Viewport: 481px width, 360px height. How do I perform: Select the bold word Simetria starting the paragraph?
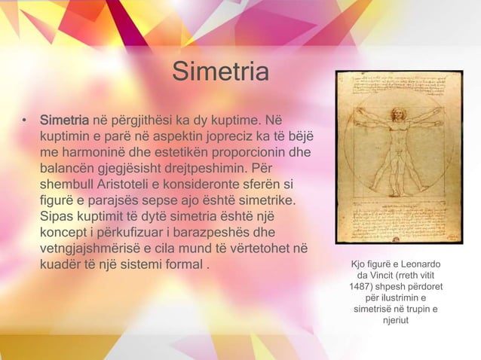64,121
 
